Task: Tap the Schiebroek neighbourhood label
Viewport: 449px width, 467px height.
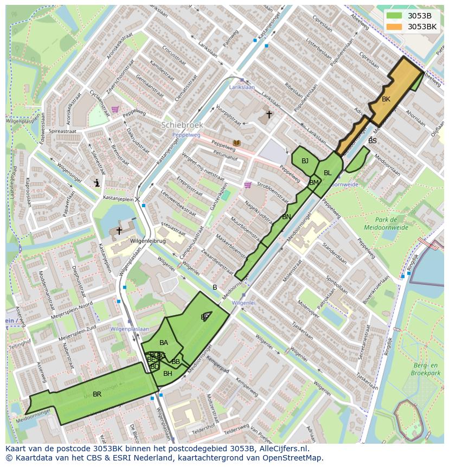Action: pyautogui.click(x=182, y=125)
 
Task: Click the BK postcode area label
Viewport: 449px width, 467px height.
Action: pyautogui.click(x=386, y=99)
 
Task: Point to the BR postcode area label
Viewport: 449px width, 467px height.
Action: pyautogui.click(x=97, y=394)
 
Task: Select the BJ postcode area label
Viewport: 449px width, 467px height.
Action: pyautogui.click(x=305, y=161)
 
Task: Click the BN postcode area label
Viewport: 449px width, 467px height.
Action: pyautogui.click(x=286, y=217)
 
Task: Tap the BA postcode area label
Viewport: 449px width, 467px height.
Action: pyautogui.click(x=163, y=343)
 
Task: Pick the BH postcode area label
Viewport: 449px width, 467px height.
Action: pyautogui.click(x=168, y=374)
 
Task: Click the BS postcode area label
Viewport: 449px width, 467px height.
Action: pyautogui.click(x=372, y=141)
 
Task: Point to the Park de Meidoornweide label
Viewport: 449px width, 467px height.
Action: pyautogui.click(x=387, y=223)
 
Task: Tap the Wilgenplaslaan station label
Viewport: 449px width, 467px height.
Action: pyautogui.click(x=130, y=329)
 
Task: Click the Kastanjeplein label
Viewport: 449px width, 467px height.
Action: pyautogui.click(x=118, y=200)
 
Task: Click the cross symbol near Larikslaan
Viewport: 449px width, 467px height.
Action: pyautogui.click(x=268, y=114)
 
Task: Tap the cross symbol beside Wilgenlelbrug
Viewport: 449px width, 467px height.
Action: pyautogui.click(x=119, y=231)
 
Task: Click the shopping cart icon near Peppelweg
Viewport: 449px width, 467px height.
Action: pyautogui.click(x=115, y=109)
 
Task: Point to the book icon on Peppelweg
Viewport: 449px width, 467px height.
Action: pyautogui.click(x=236, y=143)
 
